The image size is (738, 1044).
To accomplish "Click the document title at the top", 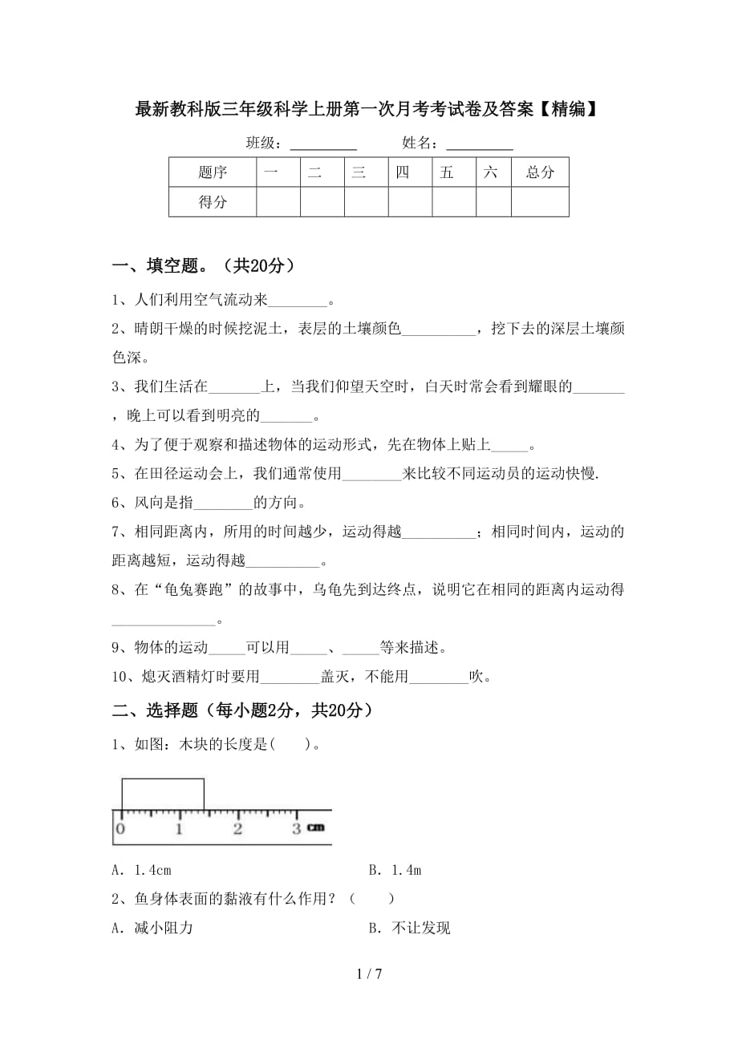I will [x=367, y=110].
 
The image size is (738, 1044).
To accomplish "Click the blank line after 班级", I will [x=322, y=145].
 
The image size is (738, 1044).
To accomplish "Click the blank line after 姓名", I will [x=479, y=145].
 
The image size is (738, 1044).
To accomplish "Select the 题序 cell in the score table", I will [x=213, y=172].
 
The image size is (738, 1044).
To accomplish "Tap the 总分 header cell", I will [x=540, y=172].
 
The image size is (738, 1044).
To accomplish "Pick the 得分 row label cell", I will [x=213, y=202].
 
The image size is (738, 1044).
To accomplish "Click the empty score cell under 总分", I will [x=540, y=202].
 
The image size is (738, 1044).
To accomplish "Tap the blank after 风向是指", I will [x=223, y=504].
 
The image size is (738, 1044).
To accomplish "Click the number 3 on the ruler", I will [x=296, y=828].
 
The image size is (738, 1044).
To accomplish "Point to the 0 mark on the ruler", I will [x=120, y=828].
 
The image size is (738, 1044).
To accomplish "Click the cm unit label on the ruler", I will [x=315, y=828].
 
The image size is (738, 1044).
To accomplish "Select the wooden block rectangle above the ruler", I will [x=162, y=794].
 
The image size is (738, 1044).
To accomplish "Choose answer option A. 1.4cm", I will [x=142, y=870].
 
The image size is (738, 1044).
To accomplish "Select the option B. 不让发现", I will [x=409, y=928].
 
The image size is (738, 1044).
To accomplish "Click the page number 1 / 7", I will [x=368, y=975].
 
